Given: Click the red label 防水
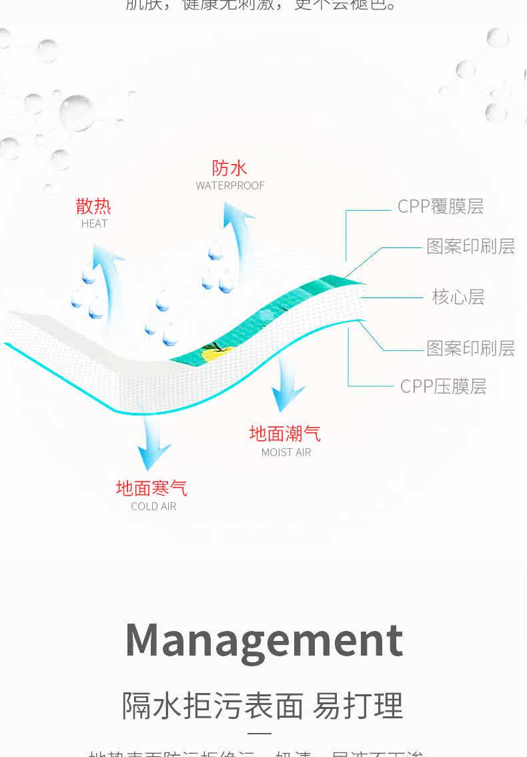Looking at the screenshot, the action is point(229,167).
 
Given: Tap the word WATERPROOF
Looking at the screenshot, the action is point(230,185).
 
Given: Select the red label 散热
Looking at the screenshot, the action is point(93,205).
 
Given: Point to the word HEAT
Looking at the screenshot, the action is point(94,223).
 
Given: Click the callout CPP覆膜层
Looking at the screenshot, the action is point(440,207).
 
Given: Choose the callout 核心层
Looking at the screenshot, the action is point(458,297).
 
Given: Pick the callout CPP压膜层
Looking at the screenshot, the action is point(443,386).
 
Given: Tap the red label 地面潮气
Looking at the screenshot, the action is point(285,434).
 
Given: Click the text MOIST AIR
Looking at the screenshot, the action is point(286,452).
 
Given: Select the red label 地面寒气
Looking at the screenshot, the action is point(151,488).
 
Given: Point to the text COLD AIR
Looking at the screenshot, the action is point(153,506).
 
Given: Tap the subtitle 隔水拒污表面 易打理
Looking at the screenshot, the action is point(263,705).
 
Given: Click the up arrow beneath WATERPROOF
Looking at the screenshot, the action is point(237,240).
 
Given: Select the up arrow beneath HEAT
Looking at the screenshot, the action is point(107,273).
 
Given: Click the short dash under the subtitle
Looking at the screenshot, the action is point(263,734).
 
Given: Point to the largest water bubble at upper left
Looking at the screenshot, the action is point(77,112).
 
